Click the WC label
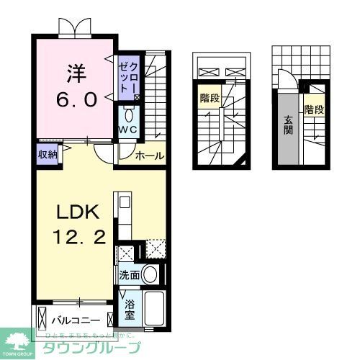(x=128, y=130)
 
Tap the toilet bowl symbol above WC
(x=128, y=115)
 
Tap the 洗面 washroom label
(x=130, y=275)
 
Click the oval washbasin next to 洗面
(x=150, y=274)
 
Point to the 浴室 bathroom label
(x=129, y=309)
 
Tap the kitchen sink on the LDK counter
(x=121, y=202)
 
